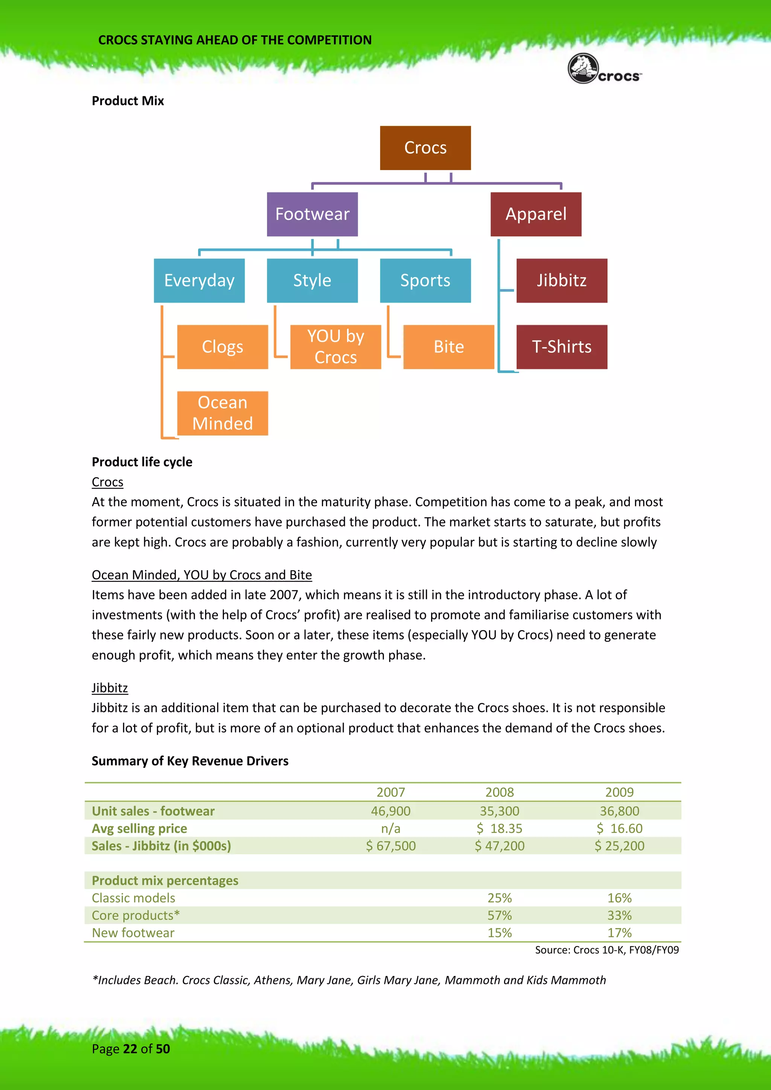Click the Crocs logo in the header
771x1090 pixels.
[x=604, y=69]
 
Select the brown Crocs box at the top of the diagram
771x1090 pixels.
[x=425, y=148]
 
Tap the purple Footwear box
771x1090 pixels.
[x=312, y=214]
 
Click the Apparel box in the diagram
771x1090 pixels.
[x=536, y=214]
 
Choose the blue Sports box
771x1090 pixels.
[x=425, y=280]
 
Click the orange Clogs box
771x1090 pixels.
[x=222, y=347]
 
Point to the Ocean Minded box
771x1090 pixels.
[x=222, y=413]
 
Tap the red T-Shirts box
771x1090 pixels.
[x=561, y=347]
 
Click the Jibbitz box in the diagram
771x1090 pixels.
[x=561, y=280]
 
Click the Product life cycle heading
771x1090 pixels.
[x=142, y=462]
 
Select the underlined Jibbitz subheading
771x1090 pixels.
[x=110, y=688]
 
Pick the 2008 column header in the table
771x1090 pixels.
[x=500, y=792]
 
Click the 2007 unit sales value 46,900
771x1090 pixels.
[x=390, y=811]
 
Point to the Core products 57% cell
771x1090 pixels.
[x=500, y=915]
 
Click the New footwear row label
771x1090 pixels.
[x=133, y=933]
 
